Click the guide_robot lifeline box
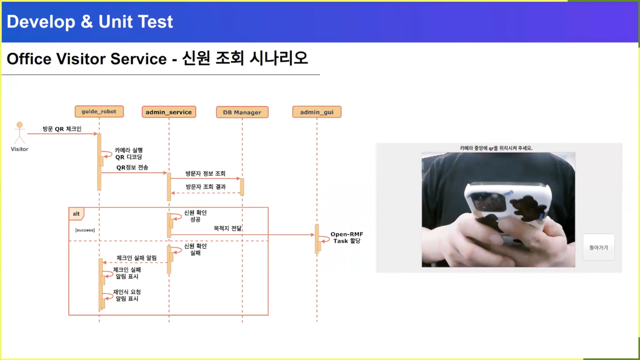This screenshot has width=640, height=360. coord(99,112)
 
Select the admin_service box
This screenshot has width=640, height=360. coord(169,112)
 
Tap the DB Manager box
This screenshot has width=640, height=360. coord(242,112)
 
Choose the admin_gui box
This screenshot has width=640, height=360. coord(317,112)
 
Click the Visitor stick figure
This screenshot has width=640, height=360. coord(20,133)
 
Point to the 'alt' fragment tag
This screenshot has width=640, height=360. coord(76,214)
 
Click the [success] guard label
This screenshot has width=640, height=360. coord(85,230)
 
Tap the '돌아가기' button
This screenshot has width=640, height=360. coord(598,247)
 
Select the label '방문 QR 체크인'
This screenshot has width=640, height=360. coord(62,129)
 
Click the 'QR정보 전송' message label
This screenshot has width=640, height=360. coord(132,167)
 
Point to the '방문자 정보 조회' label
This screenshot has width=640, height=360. coord(205,173)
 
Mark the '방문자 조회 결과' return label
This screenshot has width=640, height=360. coord(206,187)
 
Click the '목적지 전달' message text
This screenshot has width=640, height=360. coord(227,228)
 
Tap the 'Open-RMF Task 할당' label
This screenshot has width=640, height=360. coord(347,238)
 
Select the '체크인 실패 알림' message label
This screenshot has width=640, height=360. coord(136,258)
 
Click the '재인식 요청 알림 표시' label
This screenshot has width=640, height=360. coord(127,295)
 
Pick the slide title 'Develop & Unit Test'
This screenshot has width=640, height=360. coord(90,22)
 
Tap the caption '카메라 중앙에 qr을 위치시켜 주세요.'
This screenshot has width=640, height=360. coord(496,148)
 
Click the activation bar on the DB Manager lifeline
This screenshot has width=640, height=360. coord(242,187)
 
